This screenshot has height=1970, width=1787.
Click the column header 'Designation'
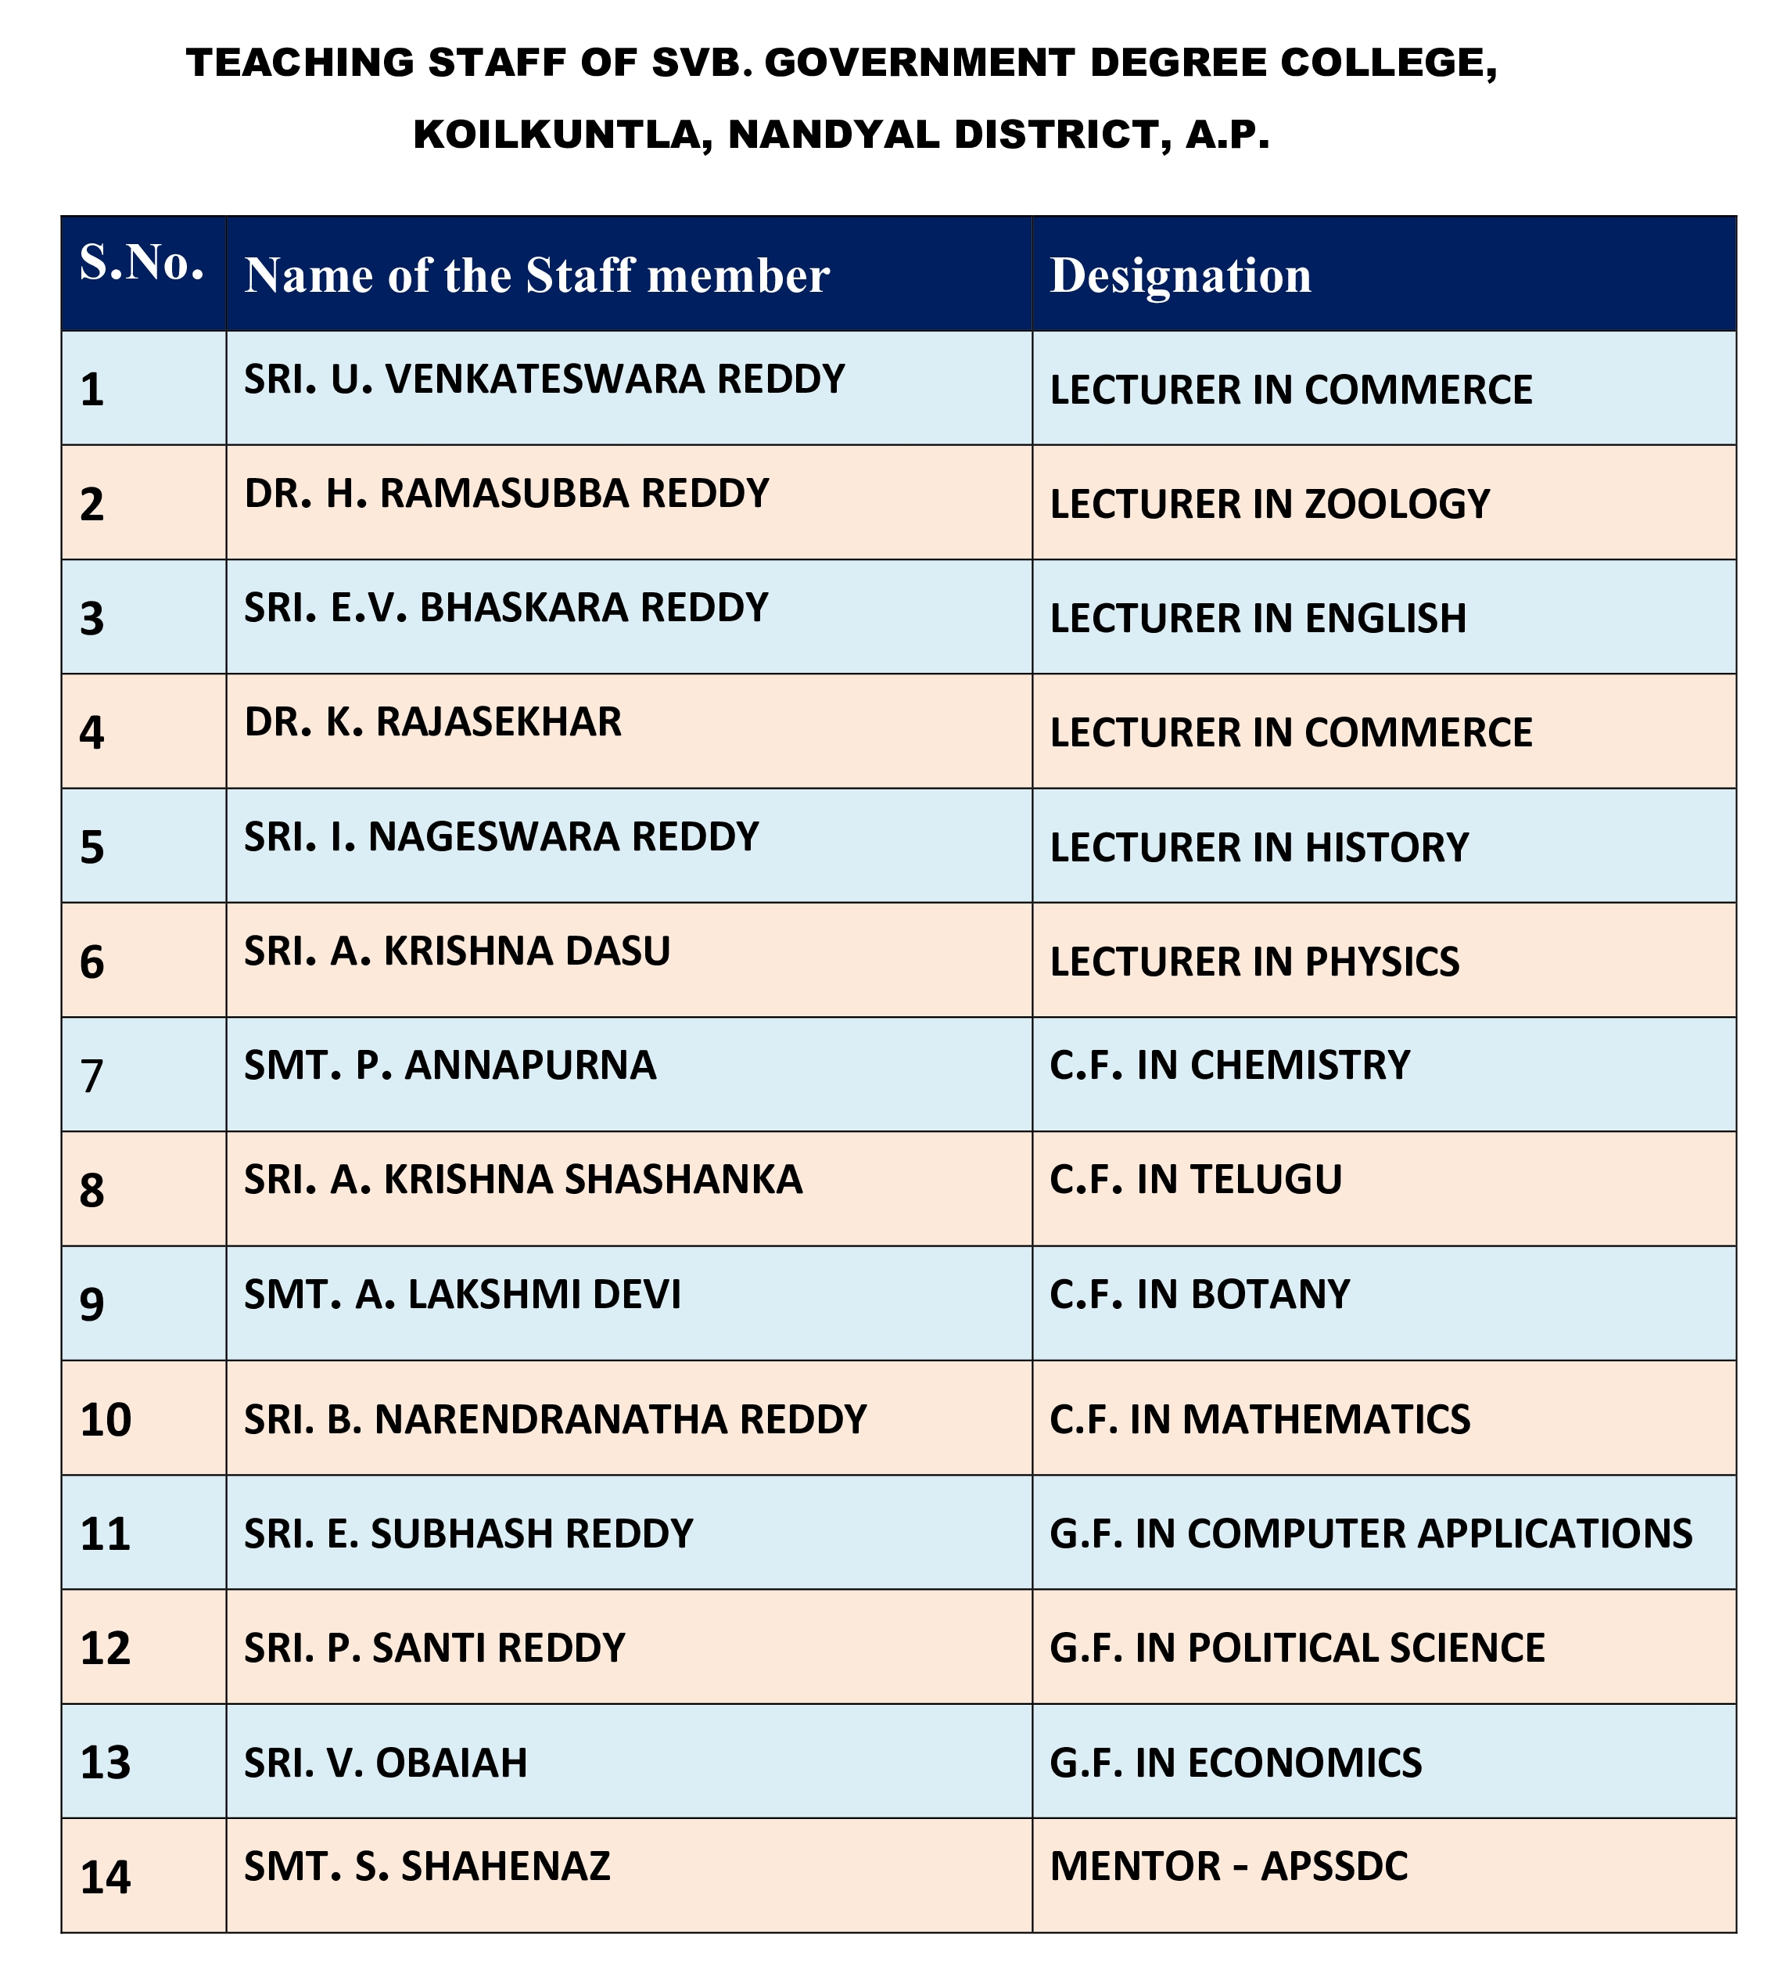tap(1180, 275)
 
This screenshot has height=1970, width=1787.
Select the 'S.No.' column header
tap(142, 263)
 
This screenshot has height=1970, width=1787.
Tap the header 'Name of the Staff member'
tap(536, 275)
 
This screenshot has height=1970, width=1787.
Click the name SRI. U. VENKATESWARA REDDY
tap(544, 379)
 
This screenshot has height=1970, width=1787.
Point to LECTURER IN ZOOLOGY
tap(1269, 504)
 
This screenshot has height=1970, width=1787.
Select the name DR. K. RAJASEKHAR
tap(432, 722)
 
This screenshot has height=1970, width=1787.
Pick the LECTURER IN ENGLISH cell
tap(1258, 619)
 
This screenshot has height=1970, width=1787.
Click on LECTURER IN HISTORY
tap(1258, 847)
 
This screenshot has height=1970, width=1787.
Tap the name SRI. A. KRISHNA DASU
tap(458, 951)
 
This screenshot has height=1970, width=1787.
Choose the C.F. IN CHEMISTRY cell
tap(1229, 1065)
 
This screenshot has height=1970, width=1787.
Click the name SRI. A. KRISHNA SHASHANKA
tap(522, 1180)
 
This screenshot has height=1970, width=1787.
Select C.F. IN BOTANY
tap(1199, 1294)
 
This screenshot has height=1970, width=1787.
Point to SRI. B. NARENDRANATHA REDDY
tap(555, 1419)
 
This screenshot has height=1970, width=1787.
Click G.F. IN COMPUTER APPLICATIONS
tap(1370, 1533)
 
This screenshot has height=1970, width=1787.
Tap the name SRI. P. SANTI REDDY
tap(435, 1648)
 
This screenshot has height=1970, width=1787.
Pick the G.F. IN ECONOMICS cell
tap(1235, 1762)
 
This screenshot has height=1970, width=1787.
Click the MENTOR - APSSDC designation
tap(1228, 1867)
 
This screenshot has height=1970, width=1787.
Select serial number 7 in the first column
tap(92, 1076)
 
